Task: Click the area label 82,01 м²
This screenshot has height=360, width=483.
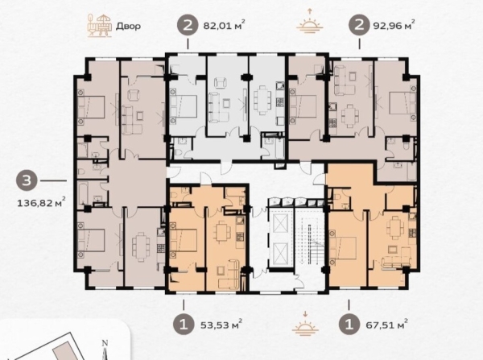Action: [224, 25]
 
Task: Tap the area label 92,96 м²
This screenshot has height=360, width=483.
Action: [394, 25]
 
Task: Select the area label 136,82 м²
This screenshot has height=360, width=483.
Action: [41, 202]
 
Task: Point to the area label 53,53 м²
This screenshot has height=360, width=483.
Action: [221, 325]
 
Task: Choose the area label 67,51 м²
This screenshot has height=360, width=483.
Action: [386, 325]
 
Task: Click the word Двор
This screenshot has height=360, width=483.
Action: [128, 26]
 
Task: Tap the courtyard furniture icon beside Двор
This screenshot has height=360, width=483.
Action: [99, 25]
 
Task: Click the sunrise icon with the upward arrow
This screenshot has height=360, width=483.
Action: [310, 21]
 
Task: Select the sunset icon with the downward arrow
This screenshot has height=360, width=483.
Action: [305, 323]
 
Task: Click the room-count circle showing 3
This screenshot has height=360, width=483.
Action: [27, 180]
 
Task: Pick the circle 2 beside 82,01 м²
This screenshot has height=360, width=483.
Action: [188, 25]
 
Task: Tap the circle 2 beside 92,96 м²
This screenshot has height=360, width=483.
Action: [359, 25]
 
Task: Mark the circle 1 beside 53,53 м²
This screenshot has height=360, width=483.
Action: [184, 325]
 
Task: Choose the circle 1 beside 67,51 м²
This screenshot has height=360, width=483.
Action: [349, 325]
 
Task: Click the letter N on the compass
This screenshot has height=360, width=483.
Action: [105, 343]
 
